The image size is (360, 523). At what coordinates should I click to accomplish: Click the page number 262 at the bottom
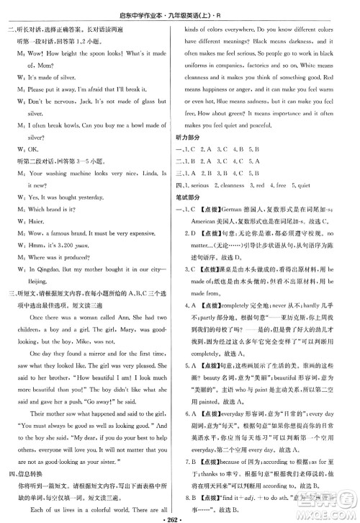click(180, 517)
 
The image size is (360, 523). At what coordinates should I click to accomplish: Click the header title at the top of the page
click(179, 8)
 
